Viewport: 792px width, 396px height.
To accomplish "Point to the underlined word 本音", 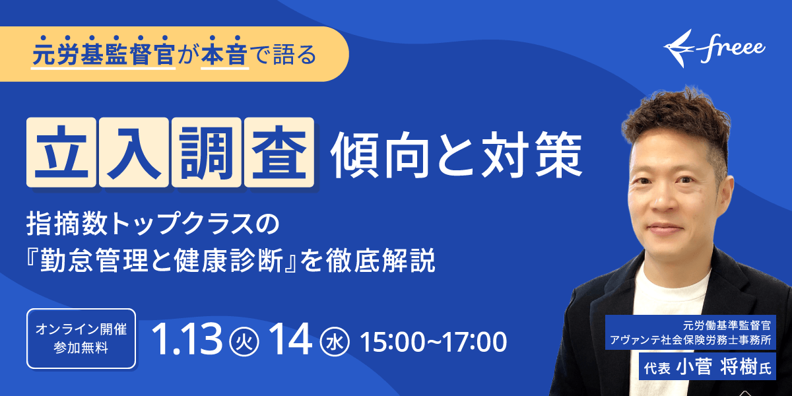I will point(225,54).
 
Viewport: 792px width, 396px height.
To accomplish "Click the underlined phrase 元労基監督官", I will point(104,54).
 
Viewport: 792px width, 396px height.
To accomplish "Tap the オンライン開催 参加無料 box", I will point(81,339).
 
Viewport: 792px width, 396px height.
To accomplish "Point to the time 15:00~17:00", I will point(433,342).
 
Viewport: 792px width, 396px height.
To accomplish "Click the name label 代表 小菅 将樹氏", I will point(708,368).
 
